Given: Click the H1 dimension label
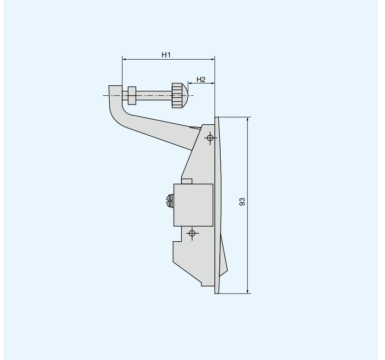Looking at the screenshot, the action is (166, 55).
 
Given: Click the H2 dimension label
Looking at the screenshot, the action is (201, 79).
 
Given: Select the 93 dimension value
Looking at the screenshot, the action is (242, 202).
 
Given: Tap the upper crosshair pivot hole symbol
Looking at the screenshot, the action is (210, 138).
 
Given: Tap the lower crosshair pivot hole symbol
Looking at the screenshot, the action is (192, 233).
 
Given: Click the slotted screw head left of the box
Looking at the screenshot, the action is (170, 200).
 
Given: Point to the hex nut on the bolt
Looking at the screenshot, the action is (132, 95).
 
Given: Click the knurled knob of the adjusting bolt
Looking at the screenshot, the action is (177, 95).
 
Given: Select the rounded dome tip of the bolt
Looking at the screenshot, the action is (185, 95).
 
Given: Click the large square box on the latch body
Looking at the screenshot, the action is (193, 205).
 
